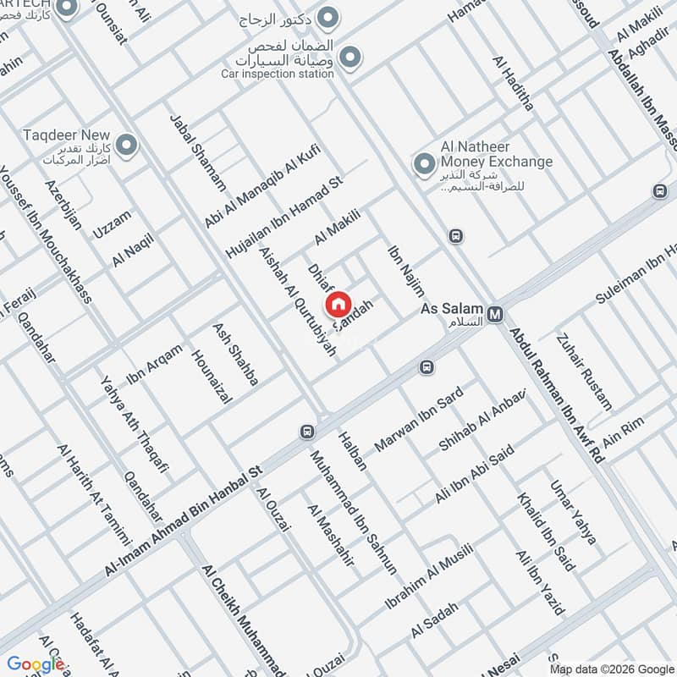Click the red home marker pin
(x=337, y=305)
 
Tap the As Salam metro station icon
(x=496, y=314)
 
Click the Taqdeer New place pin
(x=127, y=146)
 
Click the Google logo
(x=36, y=664)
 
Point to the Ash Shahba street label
(x=235, y=355)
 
